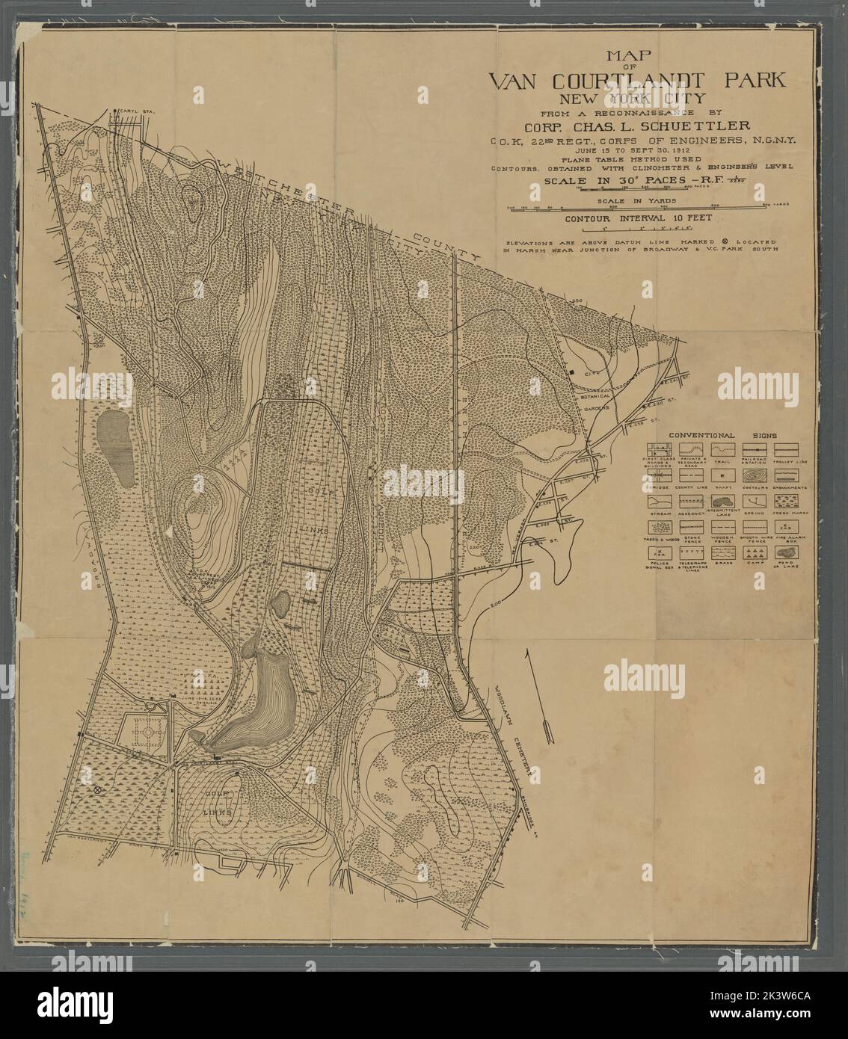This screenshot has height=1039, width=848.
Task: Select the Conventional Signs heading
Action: click(722, 434)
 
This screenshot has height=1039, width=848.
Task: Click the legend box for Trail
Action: click(722, 449)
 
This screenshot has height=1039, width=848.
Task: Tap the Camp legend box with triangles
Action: click(755, 552)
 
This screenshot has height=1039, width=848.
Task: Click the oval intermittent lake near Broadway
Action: click(114, 446)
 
